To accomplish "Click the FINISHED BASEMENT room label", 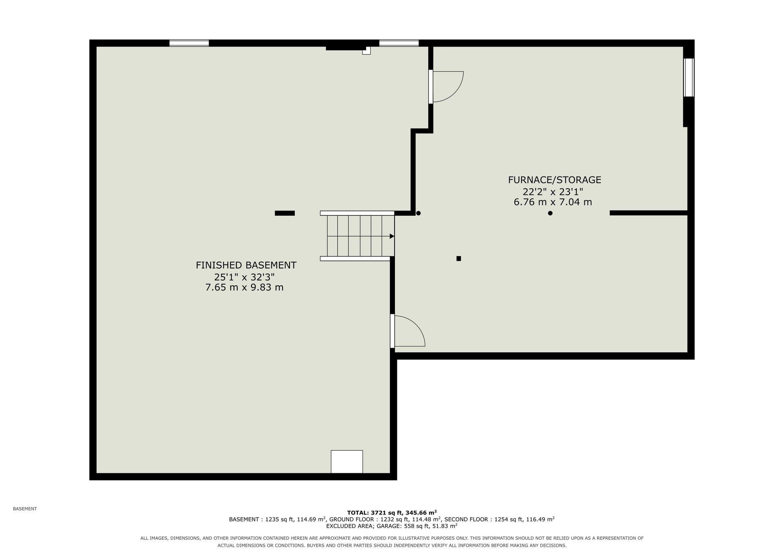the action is pos(246,265).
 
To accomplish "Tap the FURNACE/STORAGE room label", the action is pos(555,180).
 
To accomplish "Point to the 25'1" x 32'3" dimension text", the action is pos(244,277).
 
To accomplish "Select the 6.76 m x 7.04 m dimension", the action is pos(552,202).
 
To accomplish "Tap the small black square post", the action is pos(459,258).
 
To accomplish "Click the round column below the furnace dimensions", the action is pos(550,213).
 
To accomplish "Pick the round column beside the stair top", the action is pos(418,213).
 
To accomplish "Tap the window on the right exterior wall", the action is pos(688,77).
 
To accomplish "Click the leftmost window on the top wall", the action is pos(189,43).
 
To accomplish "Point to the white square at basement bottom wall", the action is pos(347,462).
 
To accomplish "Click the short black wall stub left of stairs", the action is pos(285,213).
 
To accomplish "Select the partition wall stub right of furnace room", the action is pos(648,213).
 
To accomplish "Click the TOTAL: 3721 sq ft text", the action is pos(375,512).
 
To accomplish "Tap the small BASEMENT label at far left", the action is pos(25,509).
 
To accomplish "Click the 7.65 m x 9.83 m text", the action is pos(244,287).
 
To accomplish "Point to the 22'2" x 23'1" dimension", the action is pos(552,191).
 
